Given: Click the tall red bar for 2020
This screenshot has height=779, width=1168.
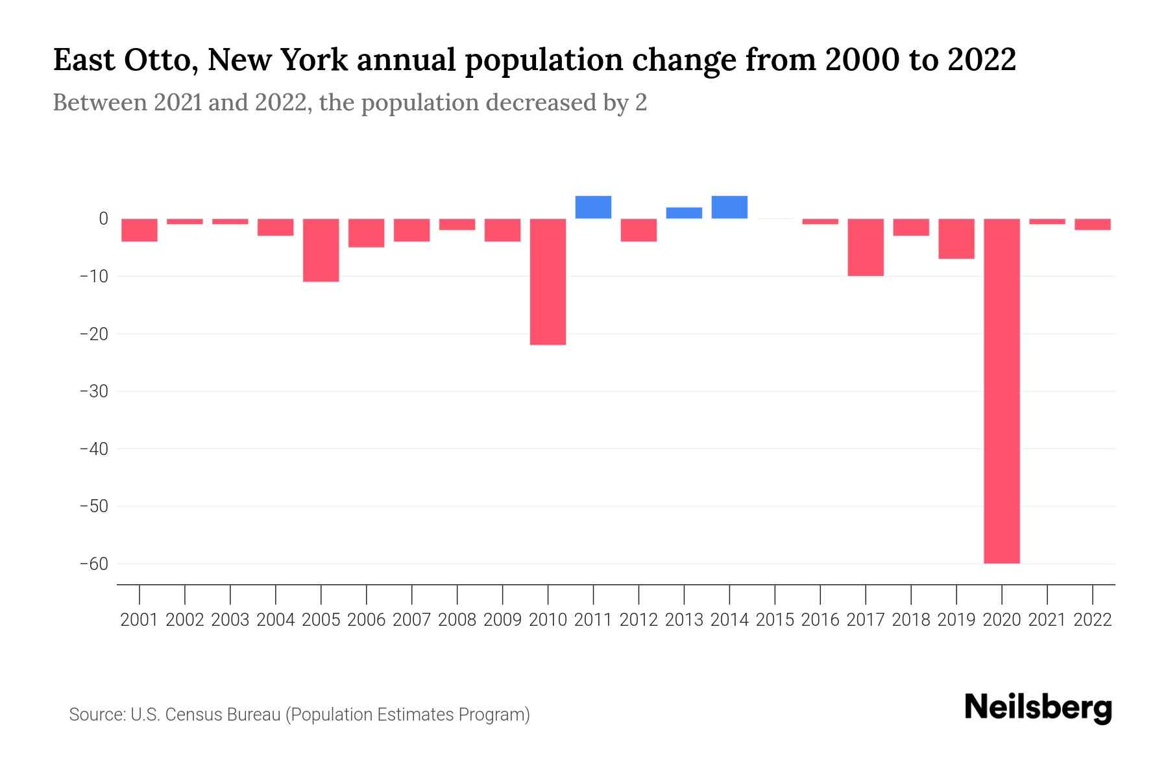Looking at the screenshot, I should [1002, 391].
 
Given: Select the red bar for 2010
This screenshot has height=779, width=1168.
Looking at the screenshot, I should [548, 282].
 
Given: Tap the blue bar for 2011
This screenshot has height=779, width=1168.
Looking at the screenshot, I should [593, 207].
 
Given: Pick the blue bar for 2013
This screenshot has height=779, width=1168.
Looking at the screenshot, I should [684, 213].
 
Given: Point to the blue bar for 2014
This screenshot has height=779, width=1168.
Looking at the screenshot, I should [729, 207].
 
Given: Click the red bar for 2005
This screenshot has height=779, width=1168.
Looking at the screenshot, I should [321, 250].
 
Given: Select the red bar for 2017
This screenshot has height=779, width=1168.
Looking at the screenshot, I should [866, 247].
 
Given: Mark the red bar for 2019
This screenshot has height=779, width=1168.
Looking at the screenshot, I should [956, 239].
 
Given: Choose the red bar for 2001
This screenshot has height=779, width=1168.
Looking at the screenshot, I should [140, 230].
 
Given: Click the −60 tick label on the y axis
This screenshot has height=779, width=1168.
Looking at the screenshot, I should [93, 563].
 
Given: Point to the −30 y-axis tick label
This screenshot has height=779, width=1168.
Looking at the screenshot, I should [93, 391].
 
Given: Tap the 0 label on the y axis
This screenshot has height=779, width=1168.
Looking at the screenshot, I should [103, 219].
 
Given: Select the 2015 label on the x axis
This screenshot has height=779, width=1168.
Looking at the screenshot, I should [775, 620].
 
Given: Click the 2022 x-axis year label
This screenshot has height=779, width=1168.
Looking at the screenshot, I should [1093, 620].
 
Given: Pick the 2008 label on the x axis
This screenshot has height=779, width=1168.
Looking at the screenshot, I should [457, 620].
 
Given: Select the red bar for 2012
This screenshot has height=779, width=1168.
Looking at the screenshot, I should [639, 230].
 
